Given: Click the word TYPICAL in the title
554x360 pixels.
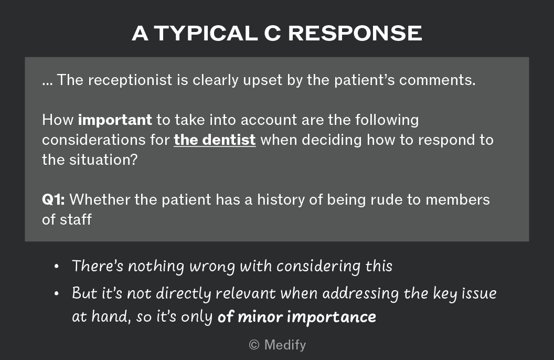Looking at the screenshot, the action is click(206, 34).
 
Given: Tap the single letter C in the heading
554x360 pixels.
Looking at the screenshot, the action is click(272, 34).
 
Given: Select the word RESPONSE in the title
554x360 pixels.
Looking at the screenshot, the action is click(355, 34).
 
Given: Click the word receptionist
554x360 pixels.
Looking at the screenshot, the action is click(130, 80).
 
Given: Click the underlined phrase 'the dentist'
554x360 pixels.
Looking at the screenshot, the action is click(215, 140).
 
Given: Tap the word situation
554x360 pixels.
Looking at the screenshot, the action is click(103, 160).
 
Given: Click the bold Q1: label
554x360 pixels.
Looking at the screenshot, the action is click(54, 200).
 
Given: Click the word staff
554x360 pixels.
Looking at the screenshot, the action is click(76, 220).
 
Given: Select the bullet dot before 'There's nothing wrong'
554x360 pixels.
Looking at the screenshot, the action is click(57, 267).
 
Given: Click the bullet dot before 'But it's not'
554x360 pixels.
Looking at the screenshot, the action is click(57, 293).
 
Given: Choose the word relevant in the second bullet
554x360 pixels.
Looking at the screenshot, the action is click(246, 293).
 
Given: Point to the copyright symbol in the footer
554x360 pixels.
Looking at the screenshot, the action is click(254, 345).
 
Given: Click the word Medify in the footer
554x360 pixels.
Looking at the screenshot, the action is click(285, 345).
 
